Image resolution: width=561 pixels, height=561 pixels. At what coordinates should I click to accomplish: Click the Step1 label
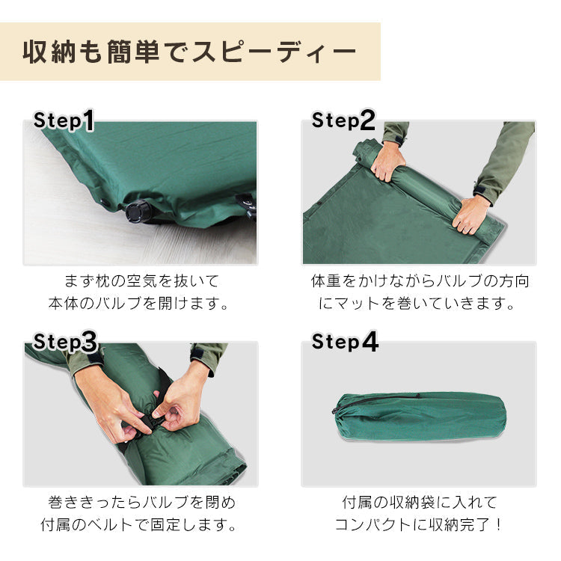coord(64,120)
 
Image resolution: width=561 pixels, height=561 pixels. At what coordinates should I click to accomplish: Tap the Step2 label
coord(343,120)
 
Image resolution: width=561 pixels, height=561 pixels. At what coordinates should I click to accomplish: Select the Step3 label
coord(65,342)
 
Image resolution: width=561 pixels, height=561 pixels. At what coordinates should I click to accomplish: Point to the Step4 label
coord(345,342)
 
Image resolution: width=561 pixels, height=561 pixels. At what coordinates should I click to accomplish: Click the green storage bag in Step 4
coord(420,416)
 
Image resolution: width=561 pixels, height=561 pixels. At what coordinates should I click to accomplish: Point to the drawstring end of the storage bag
coord(336,410)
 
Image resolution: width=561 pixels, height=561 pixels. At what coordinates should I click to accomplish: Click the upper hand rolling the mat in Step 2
coord(387,161)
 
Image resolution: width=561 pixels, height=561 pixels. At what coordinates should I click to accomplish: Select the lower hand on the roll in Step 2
coord(470,214)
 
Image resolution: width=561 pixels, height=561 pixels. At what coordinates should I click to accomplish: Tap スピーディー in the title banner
coord(274,52)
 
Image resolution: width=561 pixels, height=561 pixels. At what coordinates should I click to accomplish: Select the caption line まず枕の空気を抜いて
coord(141,281)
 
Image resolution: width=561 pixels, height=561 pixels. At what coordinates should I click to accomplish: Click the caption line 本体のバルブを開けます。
coord(139,304)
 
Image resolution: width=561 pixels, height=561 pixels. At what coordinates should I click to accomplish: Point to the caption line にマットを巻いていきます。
coord(417,304)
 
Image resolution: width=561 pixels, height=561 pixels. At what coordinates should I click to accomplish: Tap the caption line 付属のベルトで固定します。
coord(139,525)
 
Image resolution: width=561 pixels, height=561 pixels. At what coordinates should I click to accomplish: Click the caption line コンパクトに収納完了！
coord(419,525)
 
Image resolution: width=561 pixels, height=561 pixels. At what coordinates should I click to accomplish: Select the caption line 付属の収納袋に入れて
coord(420,503)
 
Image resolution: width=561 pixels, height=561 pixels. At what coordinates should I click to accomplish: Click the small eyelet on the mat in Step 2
coord(319,204)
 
